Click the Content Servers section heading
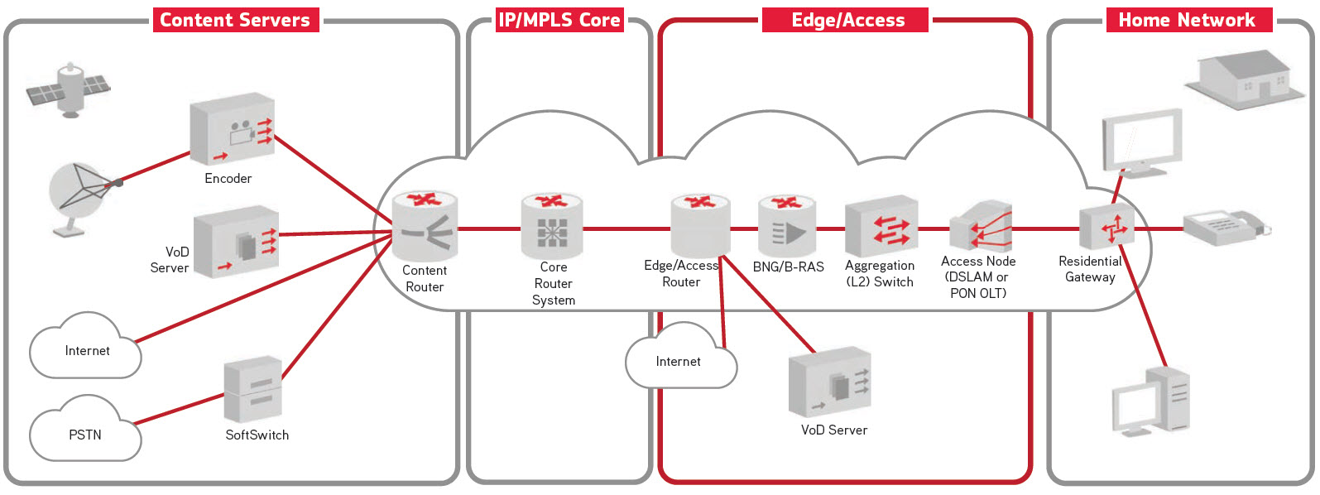(235, 20)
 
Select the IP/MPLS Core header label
(559, 20)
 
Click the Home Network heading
(1187, 20)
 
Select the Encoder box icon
(232, 130)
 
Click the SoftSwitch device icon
(253, 390)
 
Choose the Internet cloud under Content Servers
(85, 348)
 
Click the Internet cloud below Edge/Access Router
(679, 358)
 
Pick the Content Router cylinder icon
(425, 226)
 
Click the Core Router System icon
(552, 226)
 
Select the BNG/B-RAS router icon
(787, 226)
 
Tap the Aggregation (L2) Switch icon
(881, 226)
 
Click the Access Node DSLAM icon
(981, 226)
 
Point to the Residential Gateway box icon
(1106, 227)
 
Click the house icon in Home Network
(1239, 80)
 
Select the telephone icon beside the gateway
(1225, 226)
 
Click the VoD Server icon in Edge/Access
(830, 382)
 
